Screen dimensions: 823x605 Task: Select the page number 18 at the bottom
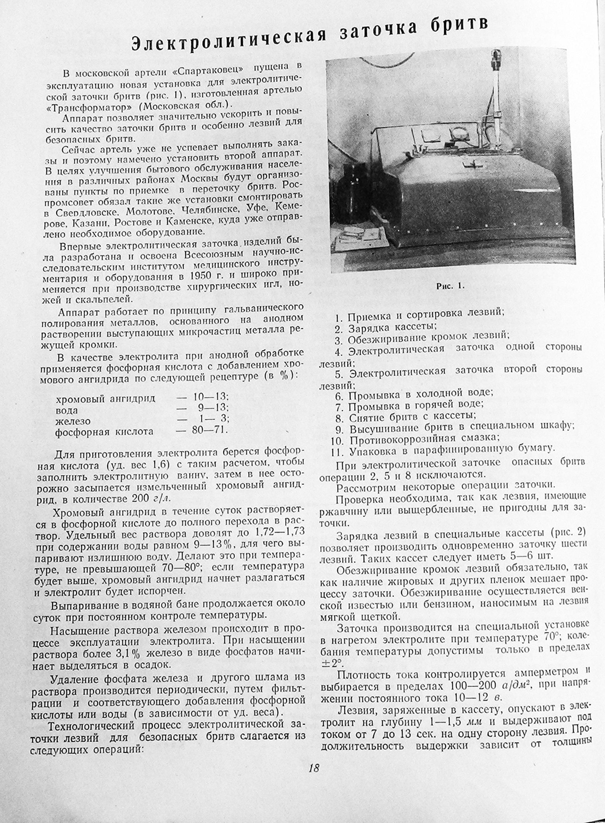point(314,768)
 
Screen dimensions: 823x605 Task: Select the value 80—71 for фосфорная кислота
point(209,430)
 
